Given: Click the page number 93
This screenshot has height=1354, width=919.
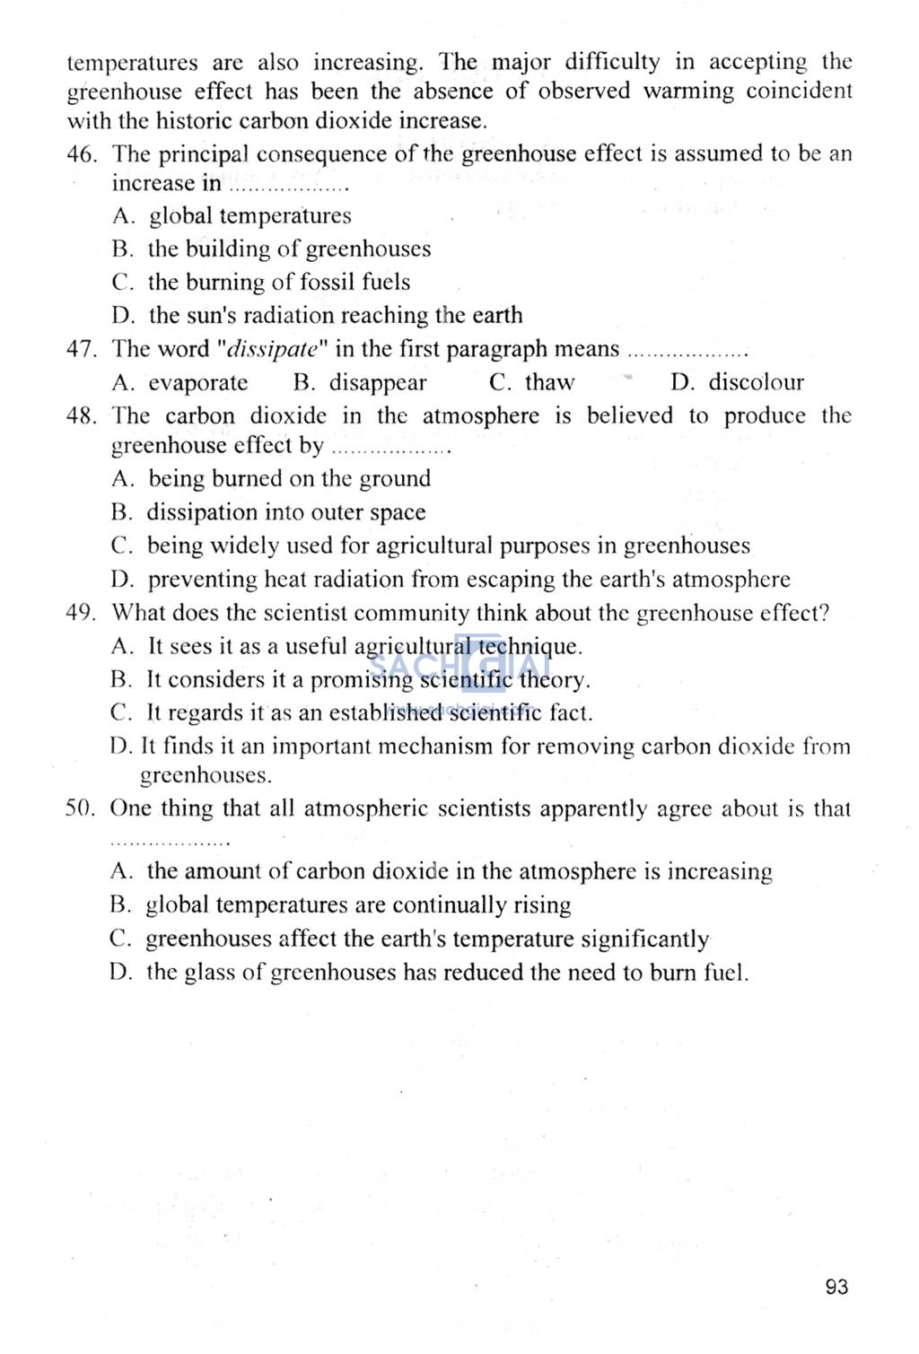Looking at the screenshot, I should coord(836,1287).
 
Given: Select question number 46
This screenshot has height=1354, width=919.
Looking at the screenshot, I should coord(81,154).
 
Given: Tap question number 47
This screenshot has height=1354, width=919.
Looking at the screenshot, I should coord(81,349).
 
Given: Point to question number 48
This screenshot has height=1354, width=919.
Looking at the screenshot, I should coord(81,416).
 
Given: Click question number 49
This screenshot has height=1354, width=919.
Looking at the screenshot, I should coord(81,613).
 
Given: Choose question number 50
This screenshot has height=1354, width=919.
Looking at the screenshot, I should coord(80,808).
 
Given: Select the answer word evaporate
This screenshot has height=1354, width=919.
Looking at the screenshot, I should coord(198,383).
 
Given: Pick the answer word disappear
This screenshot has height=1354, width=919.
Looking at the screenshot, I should coord(378,383).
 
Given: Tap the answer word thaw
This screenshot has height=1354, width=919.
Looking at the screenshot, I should coord(549,383).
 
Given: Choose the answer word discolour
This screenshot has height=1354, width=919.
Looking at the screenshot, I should coord(757,383).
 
